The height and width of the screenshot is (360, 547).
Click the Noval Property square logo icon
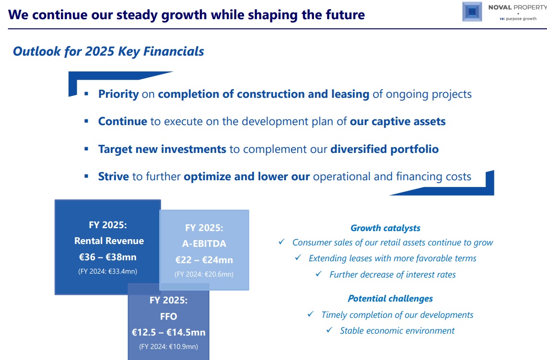point(472,12)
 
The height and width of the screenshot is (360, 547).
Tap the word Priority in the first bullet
point(118,94)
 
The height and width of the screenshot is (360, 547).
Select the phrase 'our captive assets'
point(398,121)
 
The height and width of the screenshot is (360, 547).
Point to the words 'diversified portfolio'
point(384,149)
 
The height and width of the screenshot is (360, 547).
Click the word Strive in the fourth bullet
point(113,176)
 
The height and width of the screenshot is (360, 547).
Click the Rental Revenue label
point(109,241)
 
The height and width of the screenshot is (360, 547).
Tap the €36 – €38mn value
point(108,257)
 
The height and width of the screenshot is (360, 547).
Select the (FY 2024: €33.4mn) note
point(108,271)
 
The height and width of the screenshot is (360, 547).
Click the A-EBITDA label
point(204,244)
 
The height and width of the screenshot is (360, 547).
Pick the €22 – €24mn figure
point(204,260)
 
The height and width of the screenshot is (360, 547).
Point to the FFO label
point(168,316)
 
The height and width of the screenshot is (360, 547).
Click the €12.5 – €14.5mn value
point(168,333)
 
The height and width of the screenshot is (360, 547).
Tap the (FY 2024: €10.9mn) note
point(168,347)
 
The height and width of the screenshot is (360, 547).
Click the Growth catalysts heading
point(385,228)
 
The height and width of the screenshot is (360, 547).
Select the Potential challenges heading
point(390,299)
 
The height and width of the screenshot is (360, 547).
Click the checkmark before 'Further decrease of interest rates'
point(318,274)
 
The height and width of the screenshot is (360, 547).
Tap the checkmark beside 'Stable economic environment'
point(329,330)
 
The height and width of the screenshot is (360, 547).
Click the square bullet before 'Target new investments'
point(86,149)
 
